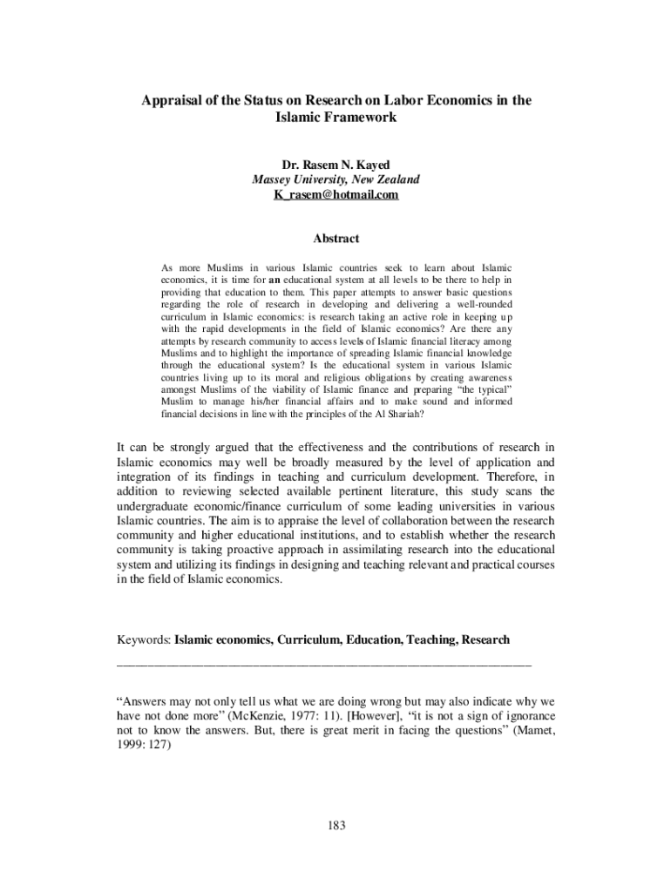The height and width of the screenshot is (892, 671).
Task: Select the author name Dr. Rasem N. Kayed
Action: point(335,164)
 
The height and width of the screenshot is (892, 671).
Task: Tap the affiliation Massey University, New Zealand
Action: point(335,179)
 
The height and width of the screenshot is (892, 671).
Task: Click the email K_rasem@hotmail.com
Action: point(335,195)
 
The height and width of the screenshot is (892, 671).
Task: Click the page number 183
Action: point(335,826)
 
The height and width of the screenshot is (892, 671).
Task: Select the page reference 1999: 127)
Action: point(144,747)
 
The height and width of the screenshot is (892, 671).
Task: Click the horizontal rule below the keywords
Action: point(323,664)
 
